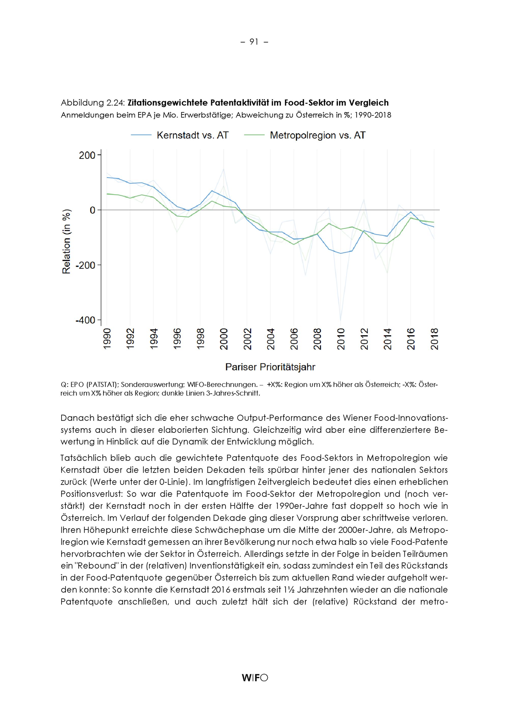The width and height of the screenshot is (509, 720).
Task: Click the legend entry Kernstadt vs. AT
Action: tap(192, 135)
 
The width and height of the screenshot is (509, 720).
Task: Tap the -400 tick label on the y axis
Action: tap(86, 320)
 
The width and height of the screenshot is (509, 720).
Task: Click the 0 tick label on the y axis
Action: tap(92, 210)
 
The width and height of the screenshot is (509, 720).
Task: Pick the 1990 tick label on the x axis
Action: tap(107, 339)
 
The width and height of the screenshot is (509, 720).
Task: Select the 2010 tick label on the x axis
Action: tap(341, 339)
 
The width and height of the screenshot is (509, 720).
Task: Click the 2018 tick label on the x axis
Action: tap(434, 339)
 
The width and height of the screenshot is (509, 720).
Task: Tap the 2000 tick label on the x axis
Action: tap(224, 339)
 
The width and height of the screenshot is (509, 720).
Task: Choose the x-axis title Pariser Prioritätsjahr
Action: tap(270, 367)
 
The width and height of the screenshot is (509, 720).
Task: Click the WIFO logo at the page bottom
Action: tap(255, 678)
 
